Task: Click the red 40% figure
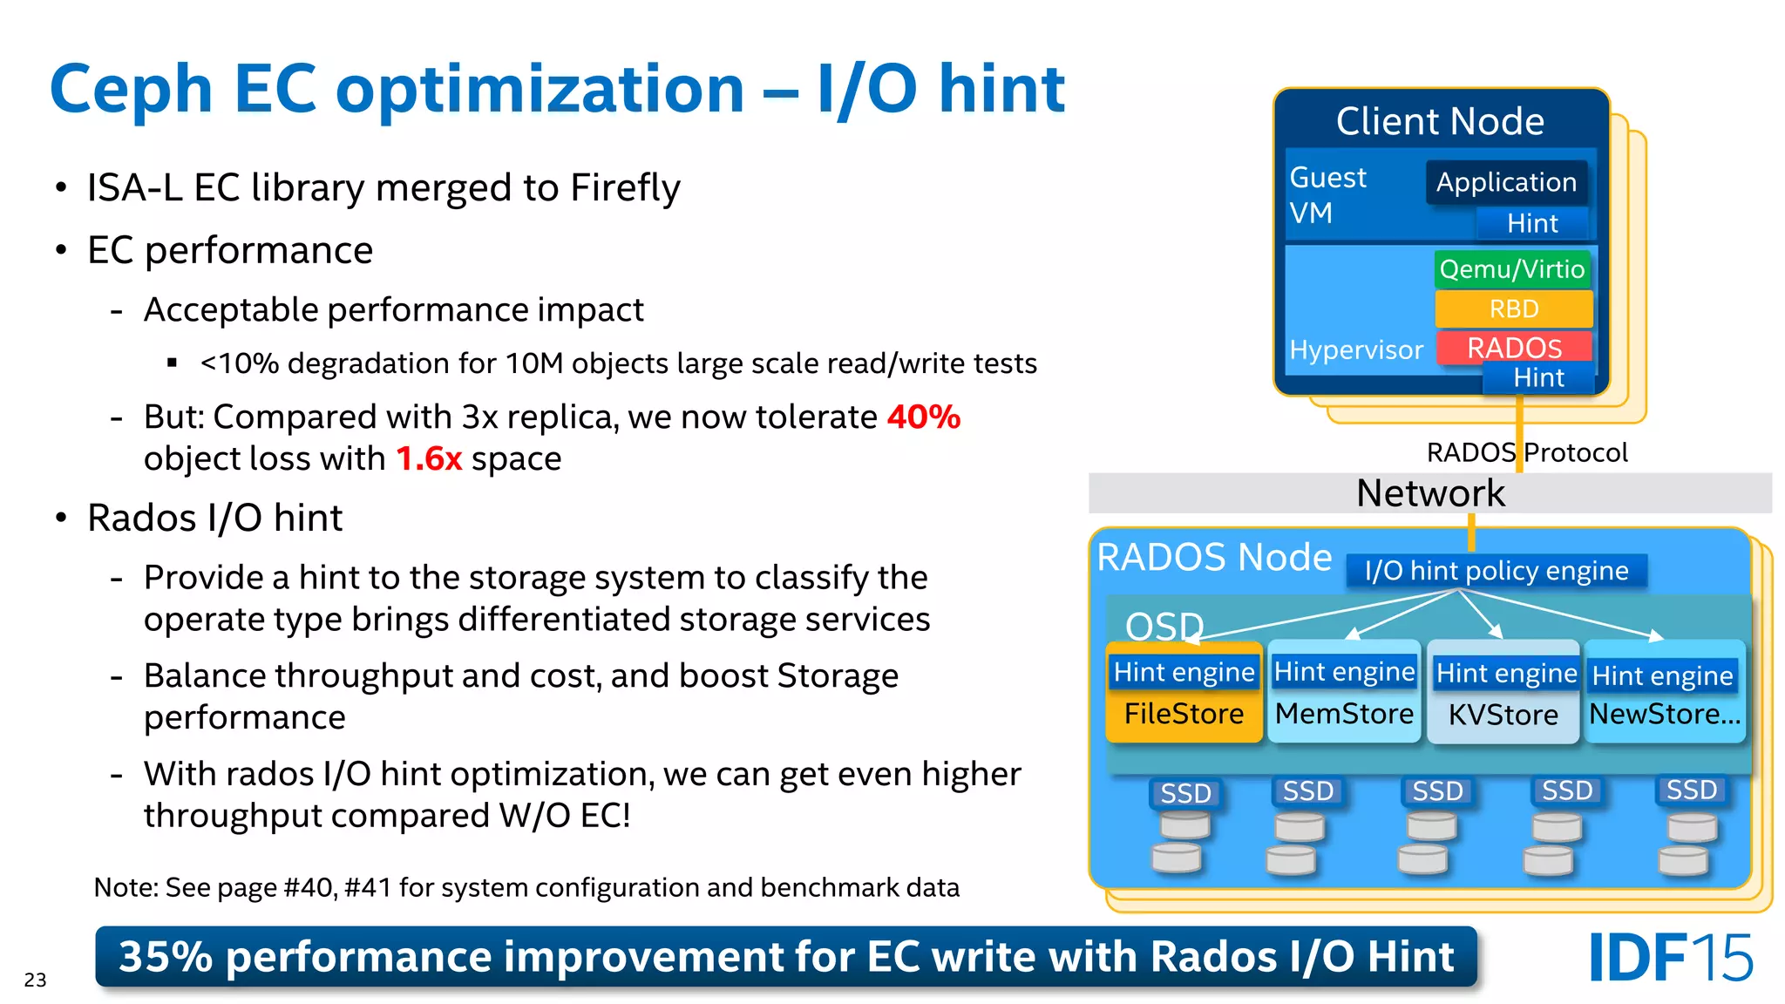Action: (923, 417)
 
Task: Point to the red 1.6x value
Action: (428, 458)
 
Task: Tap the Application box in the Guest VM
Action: (1506, 182)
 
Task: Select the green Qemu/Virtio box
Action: (1511, 269)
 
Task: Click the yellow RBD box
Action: (1513, 309)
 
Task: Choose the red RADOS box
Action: (1514, 348)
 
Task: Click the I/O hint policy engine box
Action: (1496, 571)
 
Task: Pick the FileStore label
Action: (1184, 714)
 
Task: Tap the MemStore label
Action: (1344, 714)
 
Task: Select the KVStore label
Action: (1503, 715)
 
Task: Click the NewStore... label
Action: (1664, 714)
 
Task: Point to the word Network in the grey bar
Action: (1430, 493)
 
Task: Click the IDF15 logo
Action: (1670, 958)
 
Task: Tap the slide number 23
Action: (35, 980)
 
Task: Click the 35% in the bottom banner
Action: (166, 957)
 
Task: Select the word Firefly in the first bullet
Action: (624, 187)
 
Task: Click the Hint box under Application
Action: (1531, 223)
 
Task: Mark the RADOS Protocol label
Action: (1526, 452)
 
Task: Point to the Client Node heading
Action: (1440, 121)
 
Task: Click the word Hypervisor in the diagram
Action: (1355, 349)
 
